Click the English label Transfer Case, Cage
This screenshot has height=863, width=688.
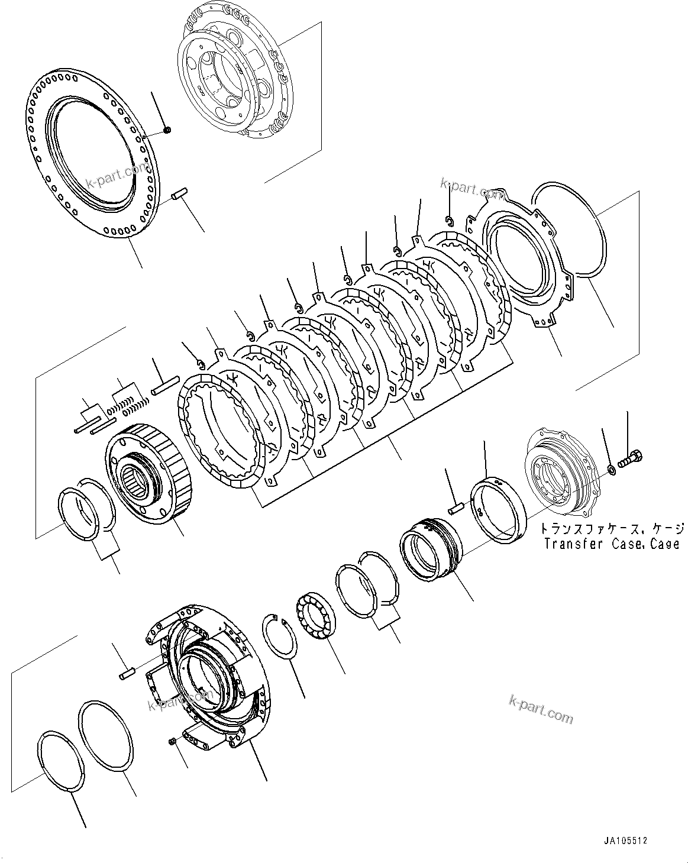point(612,543)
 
